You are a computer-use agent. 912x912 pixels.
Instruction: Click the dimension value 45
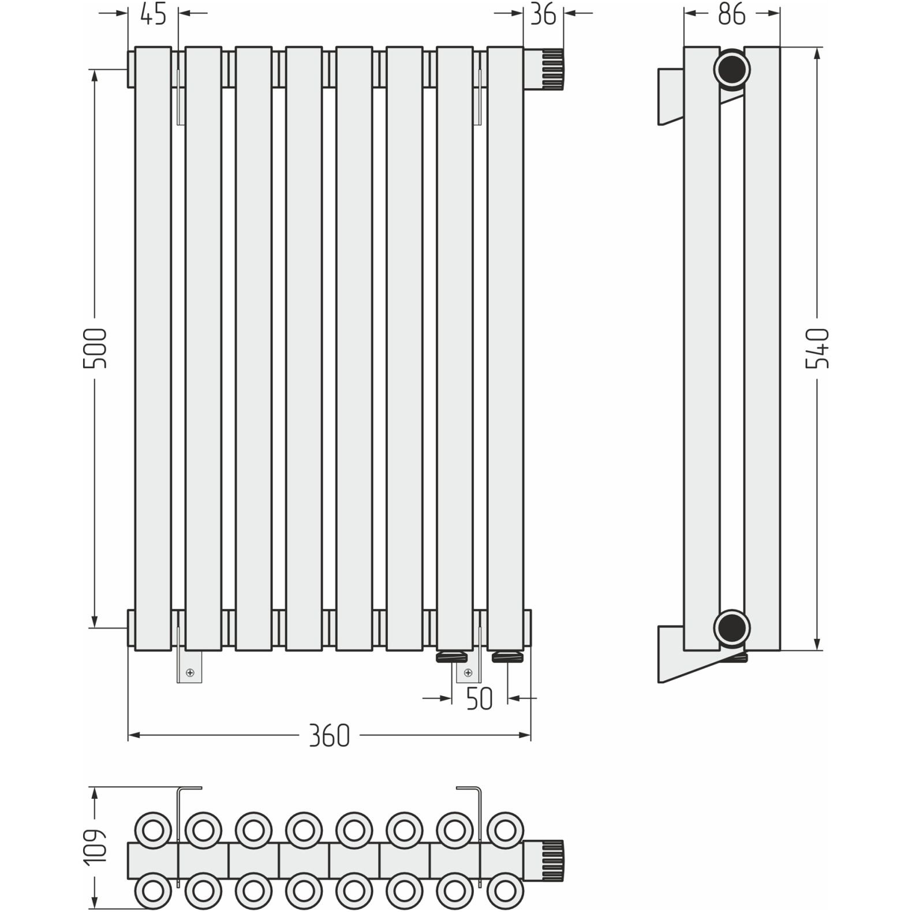(x=154, y=14)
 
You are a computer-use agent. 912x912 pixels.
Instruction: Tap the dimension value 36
(x=543, y=14)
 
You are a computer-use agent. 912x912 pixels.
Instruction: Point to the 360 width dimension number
(x=329, y=735)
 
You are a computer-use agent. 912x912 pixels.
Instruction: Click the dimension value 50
(x=479, y=698)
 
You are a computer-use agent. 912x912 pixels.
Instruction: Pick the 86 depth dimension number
(x=732, y=14)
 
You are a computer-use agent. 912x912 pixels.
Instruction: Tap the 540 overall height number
(x=817, y=348)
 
